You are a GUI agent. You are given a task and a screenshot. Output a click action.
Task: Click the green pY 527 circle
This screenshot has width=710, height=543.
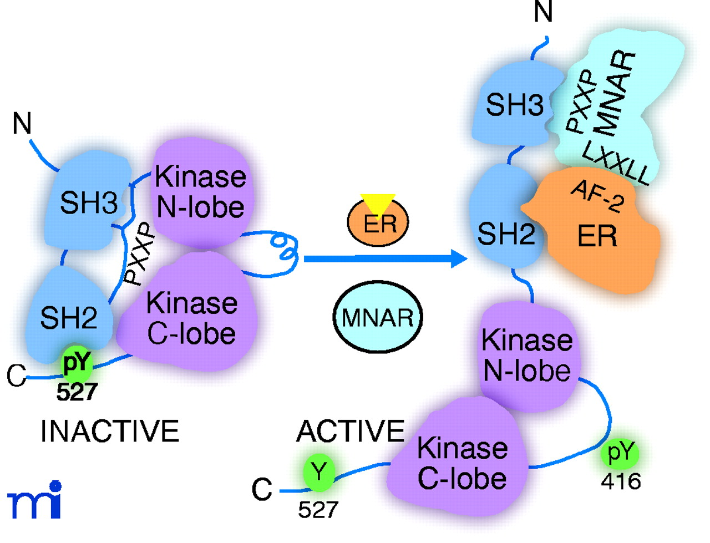77,363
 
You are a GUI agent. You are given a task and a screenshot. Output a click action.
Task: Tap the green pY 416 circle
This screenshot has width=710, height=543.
620,453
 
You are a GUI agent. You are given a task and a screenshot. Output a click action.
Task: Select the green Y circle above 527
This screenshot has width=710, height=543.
319,472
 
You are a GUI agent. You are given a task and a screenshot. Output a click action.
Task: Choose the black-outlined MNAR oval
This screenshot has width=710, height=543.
378,318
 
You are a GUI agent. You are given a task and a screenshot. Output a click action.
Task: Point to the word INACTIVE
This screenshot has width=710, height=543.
110,431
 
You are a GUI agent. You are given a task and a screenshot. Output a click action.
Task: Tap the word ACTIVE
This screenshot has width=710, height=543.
351,431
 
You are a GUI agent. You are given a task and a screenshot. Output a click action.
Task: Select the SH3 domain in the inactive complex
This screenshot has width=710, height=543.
89,202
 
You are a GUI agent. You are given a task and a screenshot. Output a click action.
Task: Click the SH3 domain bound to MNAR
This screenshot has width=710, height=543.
514,104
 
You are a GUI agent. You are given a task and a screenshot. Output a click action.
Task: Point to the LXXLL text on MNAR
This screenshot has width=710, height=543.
615,163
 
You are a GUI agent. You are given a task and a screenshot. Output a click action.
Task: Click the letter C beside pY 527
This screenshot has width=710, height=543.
16,376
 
